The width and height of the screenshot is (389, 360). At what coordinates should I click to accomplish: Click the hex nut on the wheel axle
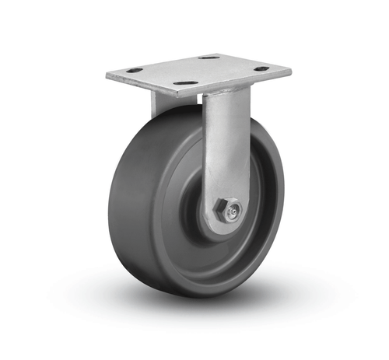pyautogui.click(x=223, y=209)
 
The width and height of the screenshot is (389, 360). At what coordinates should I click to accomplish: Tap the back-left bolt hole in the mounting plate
pyautogui.click(x=135, y=70)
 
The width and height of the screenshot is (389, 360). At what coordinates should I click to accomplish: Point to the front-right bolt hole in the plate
pyautogui.click(x=261, y=68)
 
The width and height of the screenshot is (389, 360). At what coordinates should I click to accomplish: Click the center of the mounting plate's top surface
pyautogui.click(x=198, y=70)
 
